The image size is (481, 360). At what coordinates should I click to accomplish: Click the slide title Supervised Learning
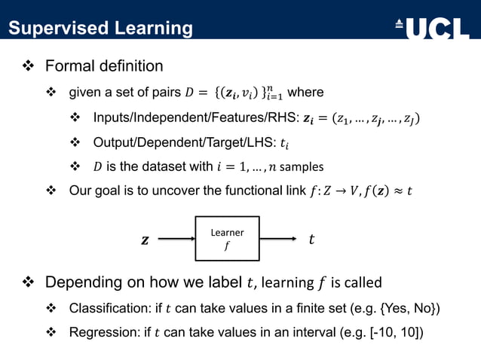100,29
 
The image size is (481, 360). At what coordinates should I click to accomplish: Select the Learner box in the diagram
227,239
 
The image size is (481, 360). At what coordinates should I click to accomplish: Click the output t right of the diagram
311,240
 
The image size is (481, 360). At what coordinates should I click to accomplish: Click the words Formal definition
104,66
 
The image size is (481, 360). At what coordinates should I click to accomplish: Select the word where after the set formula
305,93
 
